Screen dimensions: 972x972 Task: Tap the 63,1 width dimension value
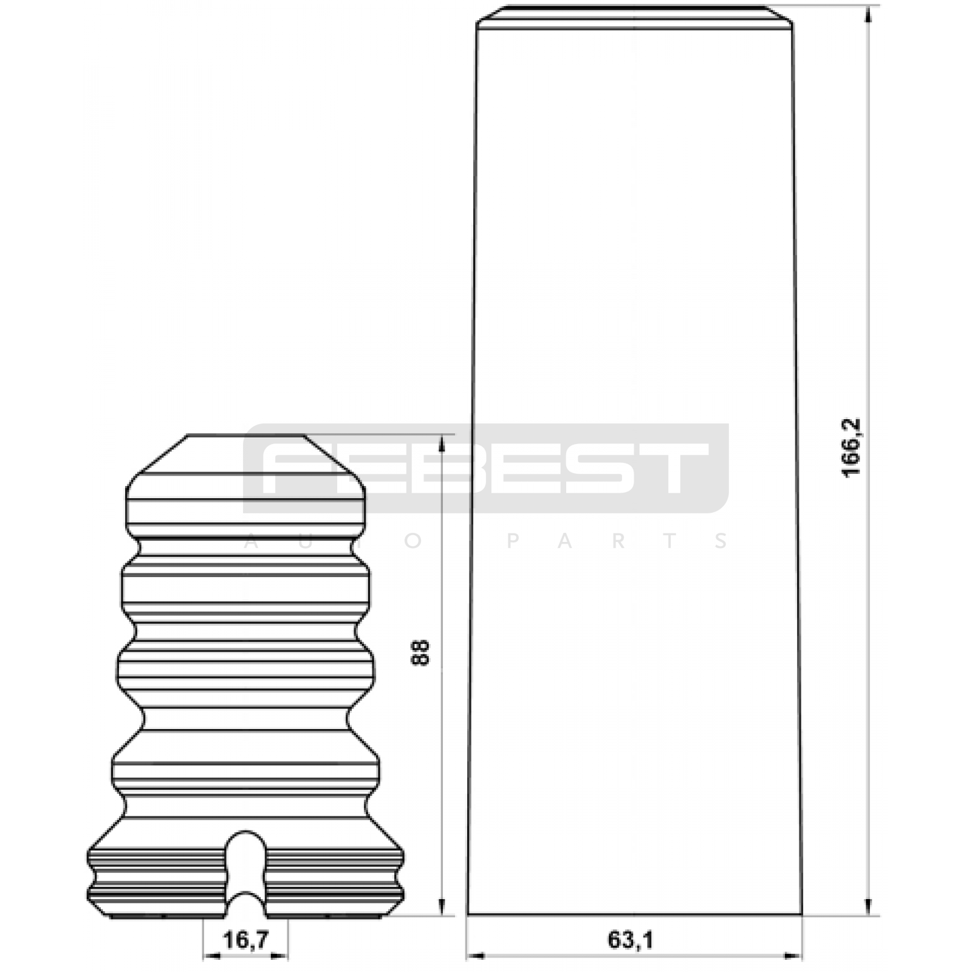[630, 940]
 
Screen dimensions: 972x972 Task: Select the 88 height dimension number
[420, 653]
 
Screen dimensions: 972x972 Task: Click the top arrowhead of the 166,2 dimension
[871, 15]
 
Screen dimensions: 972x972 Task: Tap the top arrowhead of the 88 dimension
[443, 443]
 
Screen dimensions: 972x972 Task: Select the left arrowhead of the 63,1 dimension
[476, 957]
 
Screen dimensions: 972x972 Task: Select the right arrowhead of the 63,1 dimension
[793, 957]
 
